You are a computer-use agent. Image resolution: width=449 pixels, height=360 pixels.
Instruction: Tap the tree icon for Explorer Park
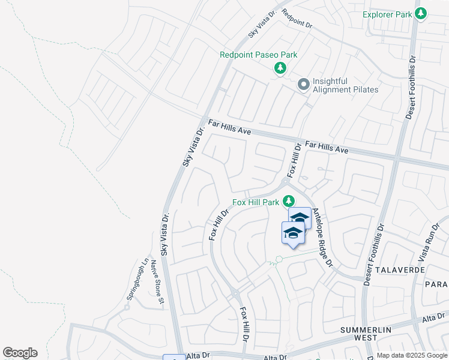(421, 13)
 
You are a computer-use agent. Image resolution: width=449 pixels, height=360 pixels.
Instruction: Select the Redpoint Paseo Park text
(258, 55)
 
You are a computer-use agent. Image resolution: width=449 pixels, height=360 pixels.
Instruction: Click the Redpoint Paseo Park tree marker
(280, 68)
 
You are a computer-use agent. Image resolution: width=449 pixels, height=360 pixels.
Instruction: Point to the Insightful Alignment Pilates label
(345, 85)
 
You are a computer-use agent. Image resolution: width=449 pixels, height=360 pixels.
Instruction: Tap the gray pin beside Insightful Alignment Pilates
(304, 85)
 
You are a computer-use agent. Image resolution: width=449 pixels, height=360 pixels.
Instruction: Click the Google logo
(20, 353)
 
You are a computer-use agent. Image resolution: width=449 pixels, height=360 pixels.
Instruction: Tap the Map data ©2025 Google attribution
(412, 355)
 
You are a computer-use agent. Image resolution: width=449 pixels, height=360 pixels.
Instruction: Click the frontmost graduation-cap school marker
(293, 232)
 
